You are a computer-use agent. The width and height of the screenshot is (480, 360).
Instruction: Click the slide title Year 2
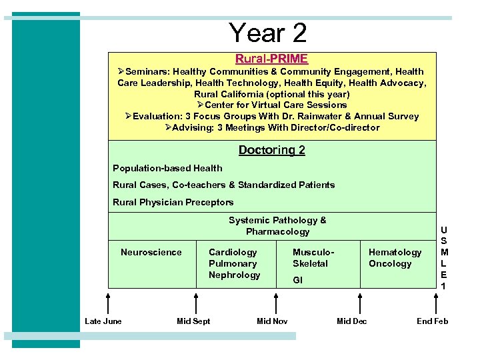click(267, 33)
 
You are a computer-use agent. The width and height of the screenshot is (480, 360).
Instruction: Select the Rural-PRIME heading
click(271, 59)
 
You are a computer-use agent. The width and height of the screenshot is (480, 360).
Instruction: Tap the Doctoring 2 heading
click(271, 150)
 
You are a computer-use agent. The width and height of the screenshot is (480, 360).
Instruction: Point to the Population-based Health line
click(167, 168)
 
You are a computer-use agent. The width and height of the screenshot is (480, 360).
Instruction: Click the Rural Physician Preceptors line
click(173, 202)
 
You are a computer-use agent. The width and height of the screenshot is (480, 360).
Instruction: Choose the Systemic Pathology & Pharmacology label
click(277, 226)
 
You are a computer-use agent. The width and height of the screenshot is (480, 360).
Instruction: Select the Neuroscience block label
click(151, 252)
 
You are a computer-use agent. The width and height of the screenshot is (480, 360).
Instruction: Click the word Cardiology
click(233, 252)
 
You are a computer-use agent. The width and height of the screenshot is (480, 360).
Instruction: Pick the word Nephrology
click(234, 275)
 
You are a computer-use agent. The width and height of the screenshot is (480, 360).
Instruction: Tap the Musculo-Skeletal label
click(313, 257)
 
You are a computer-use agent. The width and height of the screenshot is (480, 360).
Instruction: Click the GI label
click(297, 280)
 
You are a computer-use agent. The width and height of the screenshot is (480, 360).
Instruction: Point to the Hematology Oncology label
click(395, 257)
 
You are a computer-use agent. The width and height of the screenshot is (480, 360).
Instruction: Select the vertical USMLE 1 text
click(444, 257)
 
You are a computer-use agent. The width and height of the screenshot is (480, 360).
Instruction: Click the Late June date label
click(103, 321)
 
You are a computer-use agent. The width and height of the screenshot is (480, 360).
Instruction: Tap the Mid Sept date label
click(193, 321)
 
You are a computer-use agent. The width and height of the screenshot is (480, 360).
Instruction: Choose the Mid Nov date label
click(272, 321)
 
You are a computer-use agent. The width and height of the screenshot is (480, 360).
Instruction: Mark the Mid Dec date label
click(351, 321)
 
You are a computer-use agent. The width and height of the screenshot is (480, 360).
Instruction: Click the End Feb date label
click(432, 321)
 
